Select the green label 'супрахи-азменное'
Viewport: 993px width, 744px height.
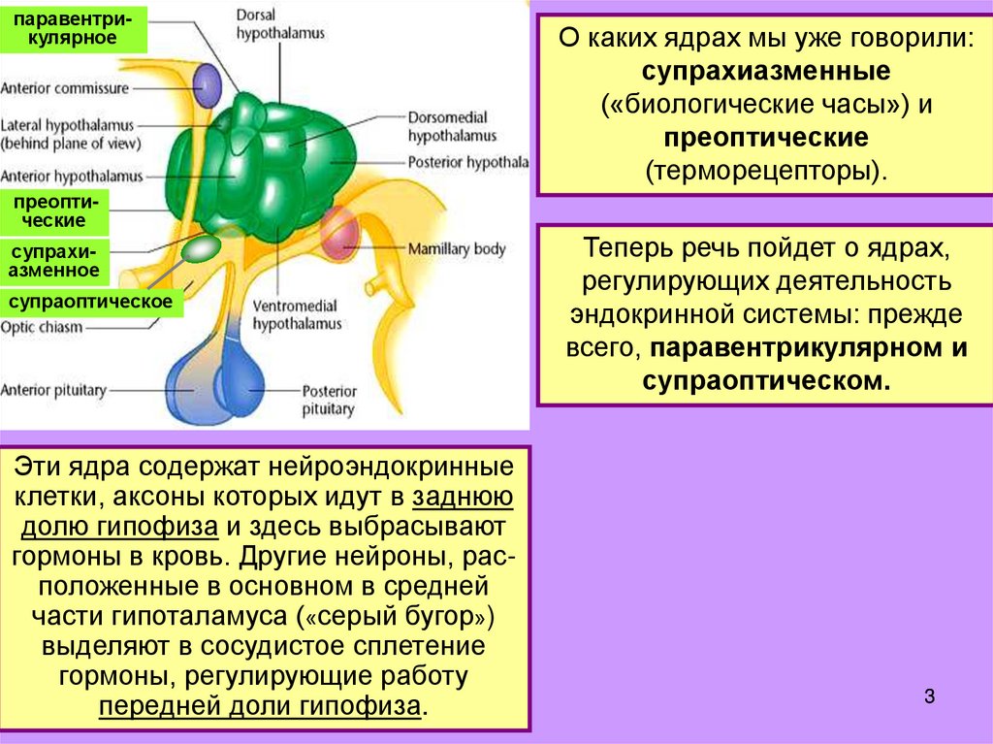pos(54,261)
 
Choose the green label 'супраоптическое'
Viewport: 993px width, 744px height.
pos(91,302)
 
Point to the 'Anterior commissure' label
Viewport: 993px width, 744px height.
pos(65,88)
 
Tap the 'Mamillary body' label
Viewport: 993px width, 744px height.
pos(457,249)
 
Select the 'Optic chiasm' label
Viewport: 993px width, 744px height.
pos(42,327)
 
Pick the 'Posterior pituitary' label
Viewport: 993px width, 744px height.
pos(329,400)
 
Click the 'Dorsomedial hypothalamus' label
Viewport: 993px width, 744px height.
pos(452,127)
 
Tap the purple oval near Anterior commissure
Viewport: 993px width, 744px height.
pos(207,85)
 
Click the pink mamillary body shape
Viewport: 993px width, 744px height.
pos(340,235)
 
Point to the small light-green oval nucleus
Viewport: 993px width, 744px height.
pos(202,249)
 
